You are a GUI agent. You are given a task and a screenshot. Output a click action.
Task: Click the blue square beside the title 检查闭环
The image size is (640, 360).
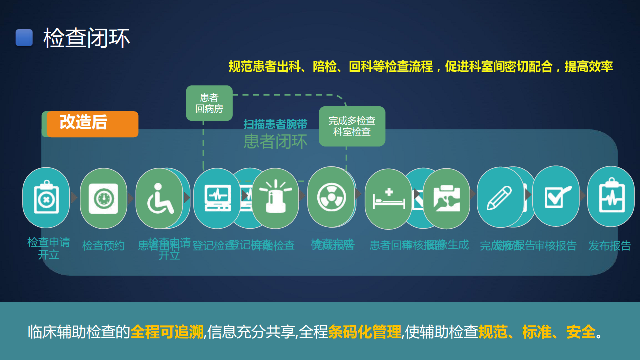(24, 38)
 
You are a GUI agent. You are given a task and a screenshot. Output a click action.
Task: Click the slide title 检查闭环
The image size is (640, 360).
(87, 38)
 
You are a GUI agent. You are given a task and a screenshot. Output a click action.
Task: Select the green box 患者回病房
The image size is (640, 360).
(209, 103)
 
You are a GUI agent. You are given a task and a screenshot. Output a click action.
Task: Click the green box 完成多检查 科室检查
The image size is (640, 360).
(352, 126)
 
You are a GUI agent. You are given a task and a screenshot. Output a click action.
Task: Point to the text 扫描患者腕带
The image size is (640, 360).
(275, 124)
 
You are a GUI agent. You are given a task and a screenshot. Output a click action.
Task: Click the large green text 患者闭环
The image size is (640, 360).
(275, 141)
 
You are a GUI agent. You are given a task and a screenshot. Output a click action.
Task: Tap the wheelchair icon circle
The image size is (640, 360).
(159, 198)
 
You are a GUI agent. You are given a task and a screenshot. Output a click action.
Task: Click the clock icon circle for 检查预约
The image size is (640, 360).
(104, 198)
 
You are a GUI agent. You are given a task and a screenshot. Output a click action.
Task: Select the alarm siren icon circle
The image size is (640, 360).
(275, 198)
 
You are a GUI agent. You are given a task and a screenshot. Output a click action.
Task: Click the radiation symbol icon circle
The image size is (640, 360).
(331, 197)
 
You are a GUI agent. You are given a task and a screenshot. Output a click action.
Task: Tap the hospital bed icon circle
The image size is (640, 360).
(388, 199)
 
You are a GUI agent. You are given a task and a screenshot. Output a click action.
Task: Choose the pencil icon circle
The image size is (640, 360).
(500, 197)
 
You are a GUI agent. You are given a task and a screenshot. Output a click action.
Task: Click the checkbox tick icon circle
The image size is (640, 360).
(556, 196)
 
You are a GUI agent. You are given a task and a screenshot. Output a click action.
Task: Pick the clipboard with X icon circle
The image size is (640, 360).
(46, 198)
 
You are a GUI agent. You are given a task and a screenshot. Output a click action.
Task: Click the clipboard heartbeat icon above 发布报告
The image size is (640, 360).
(611, 196)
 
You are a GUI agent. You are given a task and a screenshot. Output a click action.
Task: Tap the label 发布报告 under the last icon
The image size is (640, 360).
(610, 246)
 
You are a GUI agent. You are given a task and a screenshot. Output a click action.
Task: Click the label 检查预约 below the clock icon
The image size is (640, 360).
(103, 246)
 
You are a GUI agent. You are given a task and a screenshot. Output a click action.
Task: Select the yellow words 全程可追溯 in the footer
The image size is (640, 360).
(167, 332)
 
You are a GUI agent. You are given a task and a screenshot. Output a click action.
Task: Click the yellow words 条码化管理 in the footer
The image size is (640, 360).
(365, 332)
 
